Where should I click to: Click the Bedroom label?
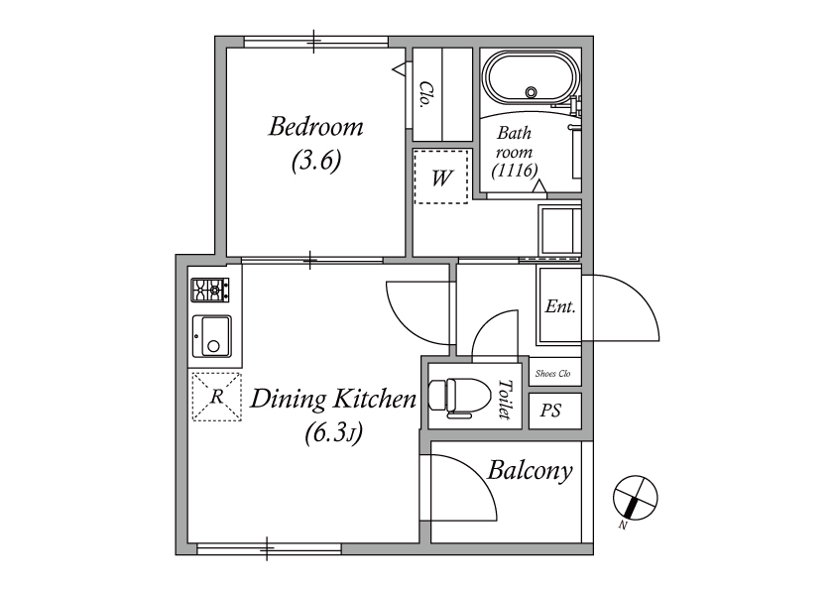[315, 127]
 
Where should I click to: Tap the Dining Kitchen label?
[333, 399]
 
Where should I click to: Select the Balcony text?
[530, 471]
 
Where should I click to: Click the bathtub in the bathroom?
[531, 78]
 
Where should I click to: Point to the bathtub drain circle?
[531, 92]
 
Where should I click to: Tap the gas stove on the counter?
[210, 291]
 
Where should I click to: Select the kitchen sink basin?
[212, 336]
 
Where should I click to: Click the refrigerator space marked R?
[217, 397]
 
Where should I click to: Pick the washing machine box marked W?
[441, 177]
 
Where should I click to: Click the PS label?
[550, 411]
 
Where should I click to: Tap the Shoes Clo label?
[552, 373]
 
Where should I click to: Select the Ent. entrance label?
[560, 306]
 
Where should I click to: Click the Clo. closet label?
[424, 94]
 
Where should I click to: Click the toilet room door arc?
[487, 327]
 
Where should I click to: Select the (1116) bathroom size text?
[515, 171]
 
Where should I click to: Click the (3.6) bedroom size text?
[316, 161]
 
